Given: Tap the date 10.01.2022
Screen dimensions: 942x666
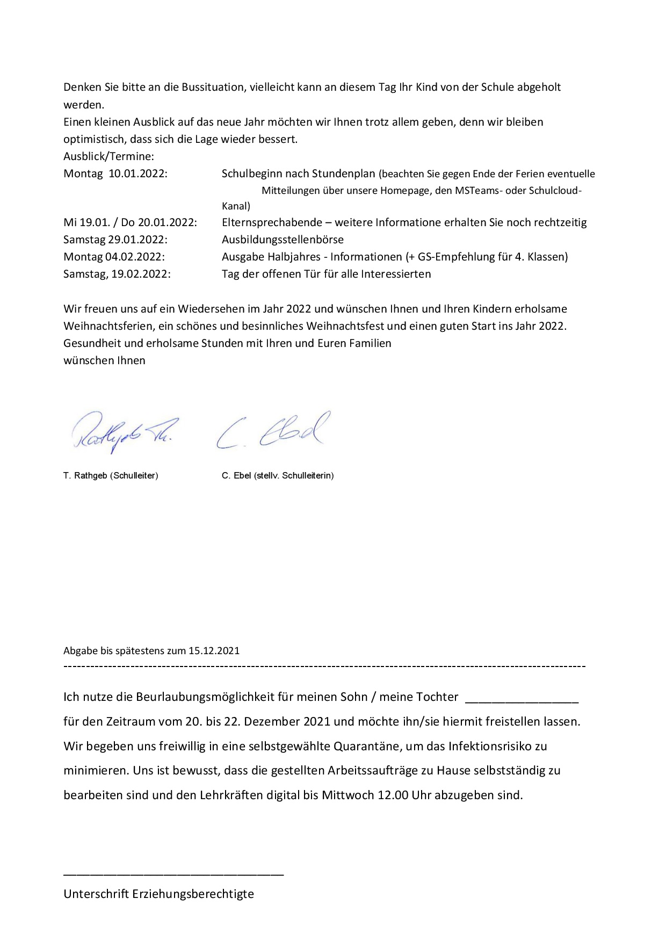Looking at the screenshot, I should pos(138,174).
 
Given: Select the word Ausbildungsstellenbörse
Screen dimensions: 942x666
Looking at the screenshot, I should pos(283,240).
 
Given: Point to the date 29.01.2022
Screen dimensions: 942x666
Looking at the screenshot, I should pos(138,240).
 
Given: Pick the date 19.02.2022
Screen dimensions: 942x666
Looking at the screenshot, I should pos(141,274).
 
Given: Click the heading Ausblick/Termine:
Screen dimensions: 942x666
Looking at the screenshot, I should pos(108,156).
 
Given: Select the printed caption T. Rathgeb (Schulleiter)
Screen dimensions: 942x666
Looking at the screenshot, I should pos(111,475).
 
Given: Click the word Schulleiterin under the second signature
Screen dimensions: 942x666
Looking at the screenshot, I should pos(307,475).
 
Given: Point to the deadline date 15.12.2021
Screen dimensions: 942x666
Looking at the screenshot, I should pos(214,651).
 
